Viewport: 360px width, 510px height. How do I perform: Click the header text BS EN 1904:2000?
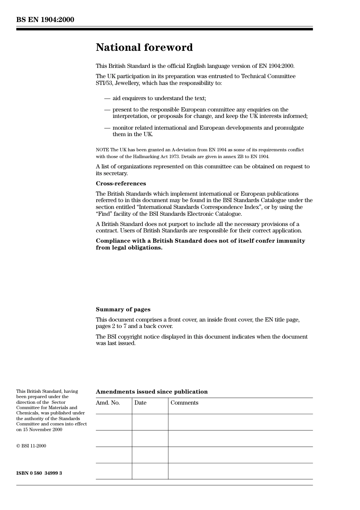click(45, 20)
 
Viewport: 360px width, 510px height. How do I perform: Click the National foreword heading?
click(144, 47)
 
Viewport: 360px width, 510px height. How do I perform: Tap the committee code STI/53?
click(104, 83)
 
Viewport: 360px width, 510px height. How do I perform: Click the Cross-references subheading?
click(121, 184)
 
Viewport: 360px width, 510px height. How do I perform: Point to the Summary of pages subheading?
click(123, 309)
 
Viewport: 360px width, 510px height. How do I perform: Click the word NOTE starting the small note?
click(102, 150)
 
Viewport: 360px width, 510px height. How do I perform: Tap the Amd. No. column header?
click(108, 403)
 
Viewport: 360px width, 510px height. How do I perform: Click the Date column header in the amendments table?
click(140, 403)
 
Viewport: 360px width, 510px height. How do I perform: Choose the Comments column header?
click(184, 403)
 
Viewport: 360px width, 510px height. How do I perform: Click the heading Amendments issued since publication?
click(152, 392)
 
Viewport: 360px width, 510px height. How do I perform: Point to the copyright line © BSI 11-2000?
click(31, 446)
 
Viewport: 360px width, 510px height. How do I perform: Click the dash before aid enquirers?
click(107, 98)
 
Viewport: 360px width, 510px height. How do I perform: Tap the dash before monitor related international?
click(107, 128)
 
